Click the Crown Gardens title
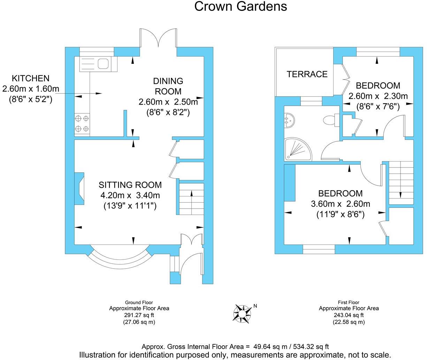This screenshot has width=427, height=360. tap(241, 6)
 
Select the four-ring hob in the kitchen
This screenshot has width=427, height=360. tap(82, 124)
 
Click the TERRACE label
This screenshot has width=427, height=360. tap(307, 74)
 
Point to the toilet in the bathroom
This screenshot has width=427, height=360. tap(329, 120)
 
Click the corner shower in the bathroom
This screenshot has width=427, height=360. tap(298, 149)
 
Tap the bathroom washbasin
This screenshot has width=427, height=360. tap(289, 120)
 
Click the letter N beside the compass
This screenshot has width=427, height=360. tap(255, 306)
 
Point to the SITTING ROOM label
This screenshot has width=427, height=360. tap(130, 185)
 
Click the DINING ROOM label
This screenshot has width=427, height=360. tap(168, 86)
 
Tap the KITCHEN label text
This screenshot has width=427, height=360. tap(31, 78)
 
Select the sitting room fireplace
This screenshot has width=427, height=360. tap(79, 188)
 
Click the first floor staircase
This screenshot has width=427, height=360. tap(401, 183)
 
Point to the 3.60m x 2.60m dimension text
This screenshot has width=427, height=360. tap(340, 204)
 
